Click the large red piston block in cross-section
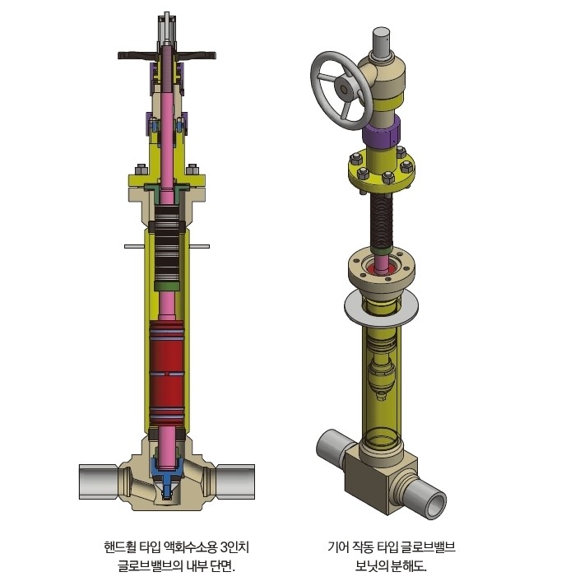tap(166, 374)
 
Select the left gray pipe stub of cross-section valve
tap(99, 481)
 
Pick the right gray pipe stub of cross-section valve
tap(235, 481)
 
